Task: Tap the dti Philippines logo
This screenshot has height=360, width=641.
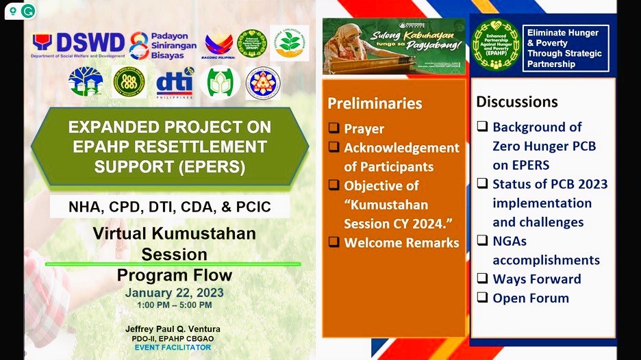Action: pos(174,84)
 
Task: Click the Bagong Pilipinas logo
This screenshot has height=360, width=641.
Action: pos(218,44)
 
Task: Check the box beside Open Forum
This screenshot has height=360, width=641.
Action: pos(482,298)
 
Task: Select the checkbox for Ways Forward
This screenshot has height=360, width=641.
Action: pos(482,279)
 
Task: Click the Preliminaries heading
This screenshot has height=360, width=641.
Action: pos(375,103)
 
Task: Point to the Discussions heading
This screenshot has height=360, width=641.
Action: pos(517,102)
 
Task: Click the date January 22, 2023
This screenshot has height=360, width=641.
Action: pos(174,292)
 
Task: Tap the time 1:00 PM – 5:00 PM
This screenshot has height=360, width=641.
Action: pos(174,305)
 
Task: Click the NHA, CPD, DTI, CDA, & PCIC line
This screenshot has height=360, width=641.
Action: pos(169,206)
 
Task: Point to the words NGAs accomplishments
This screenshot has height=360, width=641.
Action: pos(546,250)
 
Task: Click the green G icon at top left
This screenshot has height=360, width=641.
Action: pos(28,11)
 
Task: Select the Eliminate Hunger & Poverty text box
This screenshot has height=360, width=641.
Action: pos(564,48)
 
